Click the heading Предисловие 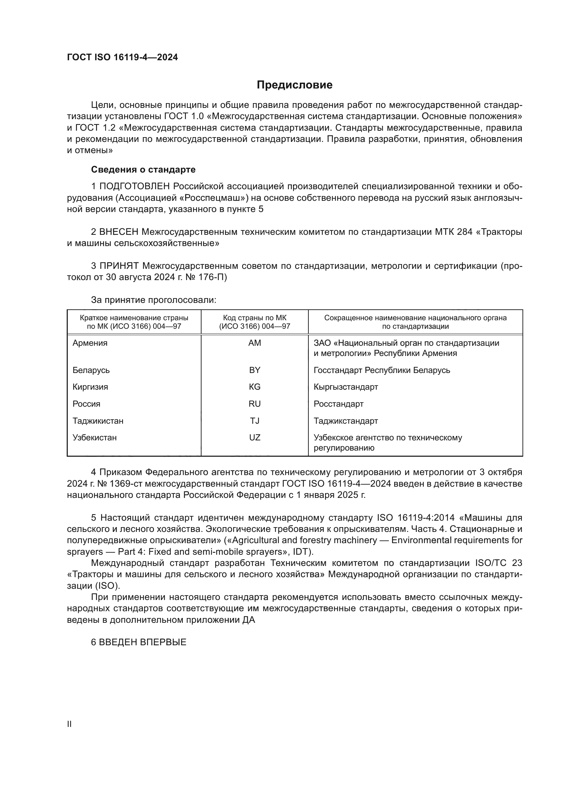tap(294, 85)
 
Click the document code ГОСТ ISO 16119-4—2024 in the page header tap(123, 58)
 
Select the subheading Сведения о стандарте tap(143, 169)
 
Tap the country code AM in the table tap(255, 343)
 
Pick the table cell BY tap(255, 370)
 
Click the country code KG tap(255, 387)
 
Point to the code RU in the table tap(255, 404)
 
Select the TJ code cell tap(255, 421)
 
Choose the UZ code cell tap(255, 437)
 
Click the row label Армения tap(90, 343)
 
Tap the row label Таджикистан tap(98, 421)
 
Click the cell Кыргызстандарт tap(345, 387)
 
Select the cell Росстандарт tap(338, 404)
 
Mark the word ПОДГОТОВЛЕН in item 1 tap(134, 186)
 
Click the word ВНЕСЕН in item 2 tap(119, 232)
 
